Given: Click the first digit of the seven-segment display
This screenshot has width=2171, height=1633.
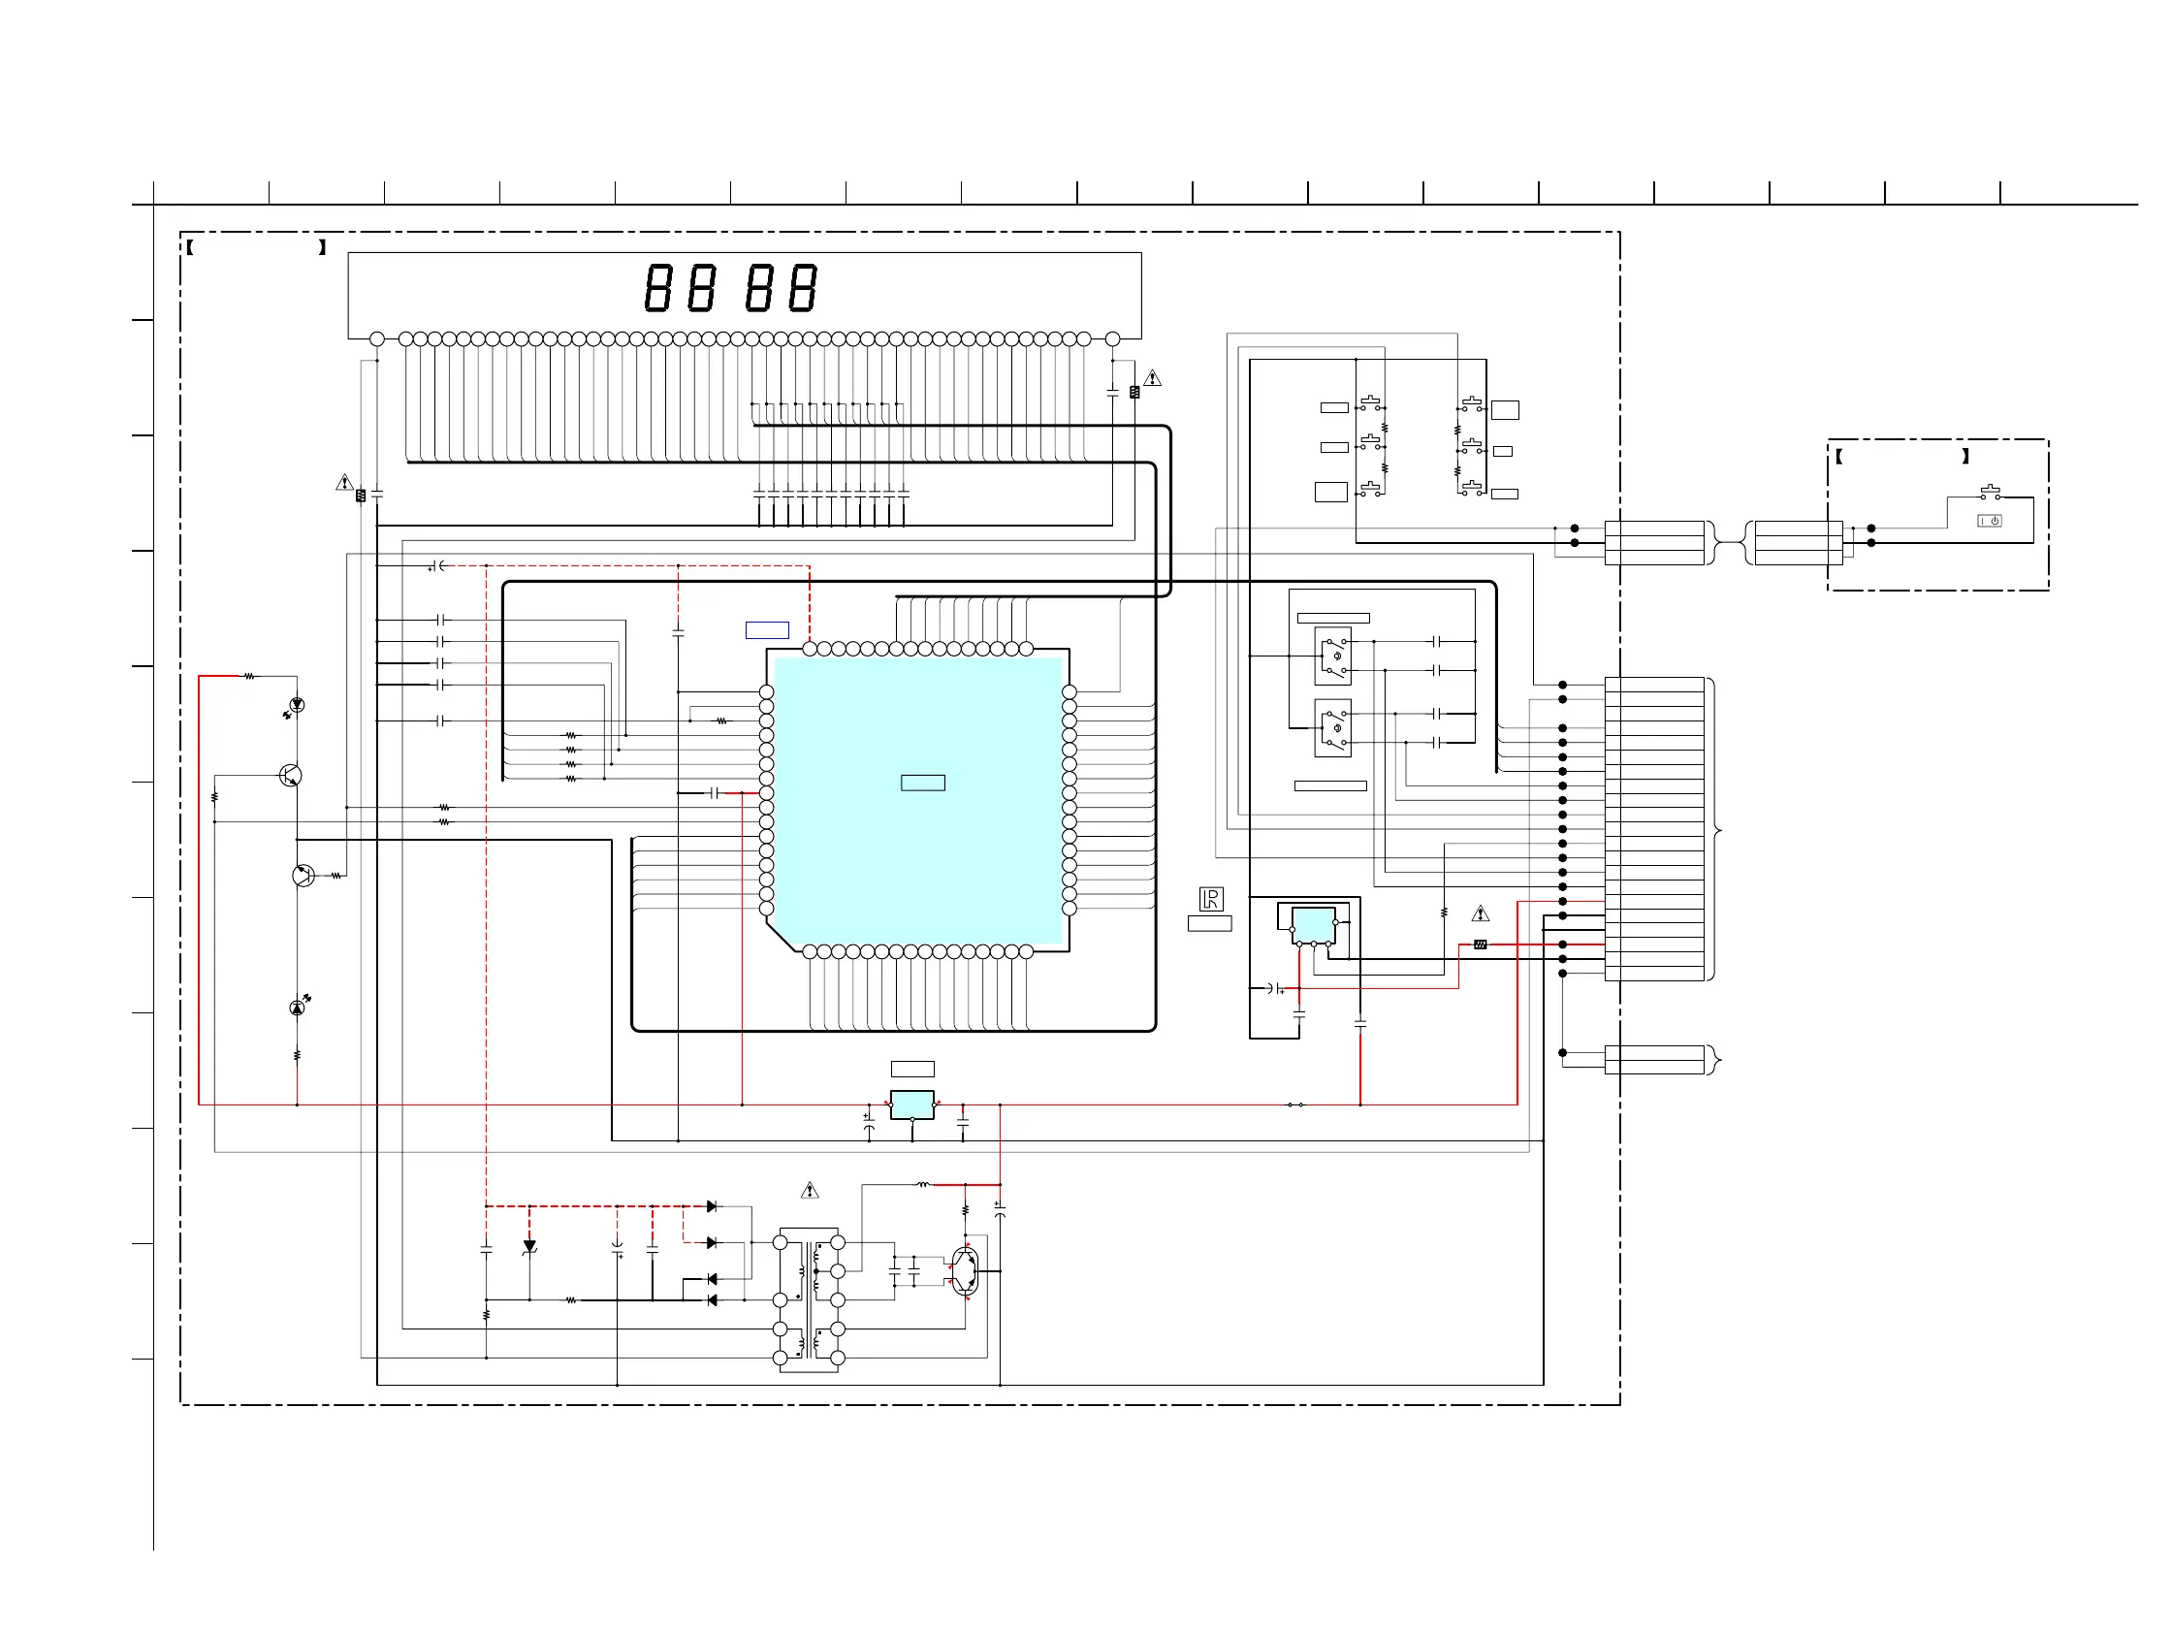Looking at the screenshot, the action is click(x=657, y=288).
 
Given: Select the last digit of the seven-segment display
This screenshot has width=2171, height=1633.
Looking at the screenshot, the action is click(x=803, y=288).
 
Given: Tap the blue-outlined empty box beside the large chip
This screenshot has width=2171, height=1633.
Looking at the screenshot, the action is click(x=767, y=630).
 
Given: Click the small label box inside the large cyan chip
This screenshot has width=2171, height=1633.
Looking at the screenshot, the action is click(x=922, y=783).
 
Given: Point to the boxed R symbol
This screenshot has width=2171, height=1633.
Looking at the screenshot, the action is click(x=1210, y=898).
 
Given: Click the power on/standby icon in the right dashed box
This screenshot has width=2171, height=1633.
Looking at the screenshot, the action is click(x=1989, y=521).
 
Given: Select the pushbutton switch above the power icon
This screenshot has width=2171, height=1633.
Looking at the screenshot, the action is click(x=1990, y=492).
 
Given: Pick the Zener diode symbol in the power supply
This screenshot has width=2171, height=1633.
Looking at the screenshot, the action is click(x=529, y=1246).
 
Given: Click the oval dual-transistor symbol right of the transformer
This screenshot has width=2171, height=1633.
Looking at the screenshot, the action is click(x=965, y=1271).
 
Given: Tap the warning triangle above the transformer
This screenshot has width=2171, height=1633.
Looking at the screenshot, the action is click(x=809, y=1191).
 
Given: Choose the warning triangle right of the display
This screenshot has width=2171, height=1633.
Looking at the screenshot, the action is click(x=1152, y=378).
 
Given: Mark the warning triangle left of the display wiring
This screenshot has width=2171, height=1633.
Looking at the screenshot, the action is click(x=344, y=483).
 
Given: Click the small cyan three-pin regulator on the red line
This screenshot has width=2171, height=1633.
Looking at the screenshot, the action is click(x=911, y=1105).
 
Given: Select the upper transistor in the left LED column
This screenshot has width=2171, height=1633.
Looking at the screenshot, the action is click(x=291, y=775).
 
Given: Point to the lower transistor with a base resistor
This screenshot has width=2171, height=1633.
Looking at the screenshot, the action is click(x=303, y=875).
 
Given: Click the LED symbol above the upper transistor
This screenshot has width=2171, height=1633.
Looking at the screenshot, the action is click(x=297, y=705).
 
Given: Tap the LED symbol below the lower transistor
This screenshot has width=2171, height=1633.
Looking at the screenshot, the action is click(x=298, y=1007).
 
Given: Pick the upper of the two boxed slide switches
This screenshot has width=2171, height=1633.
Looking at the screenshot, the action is click(x=1332, y=655).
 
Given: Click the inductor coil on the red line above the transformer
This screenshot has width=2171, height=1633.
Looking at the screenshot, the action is click(x=922, y=1185).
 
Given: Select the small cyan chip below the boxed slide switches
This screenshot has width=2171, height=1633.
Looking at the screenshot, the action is click(x=1312, y=924).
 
